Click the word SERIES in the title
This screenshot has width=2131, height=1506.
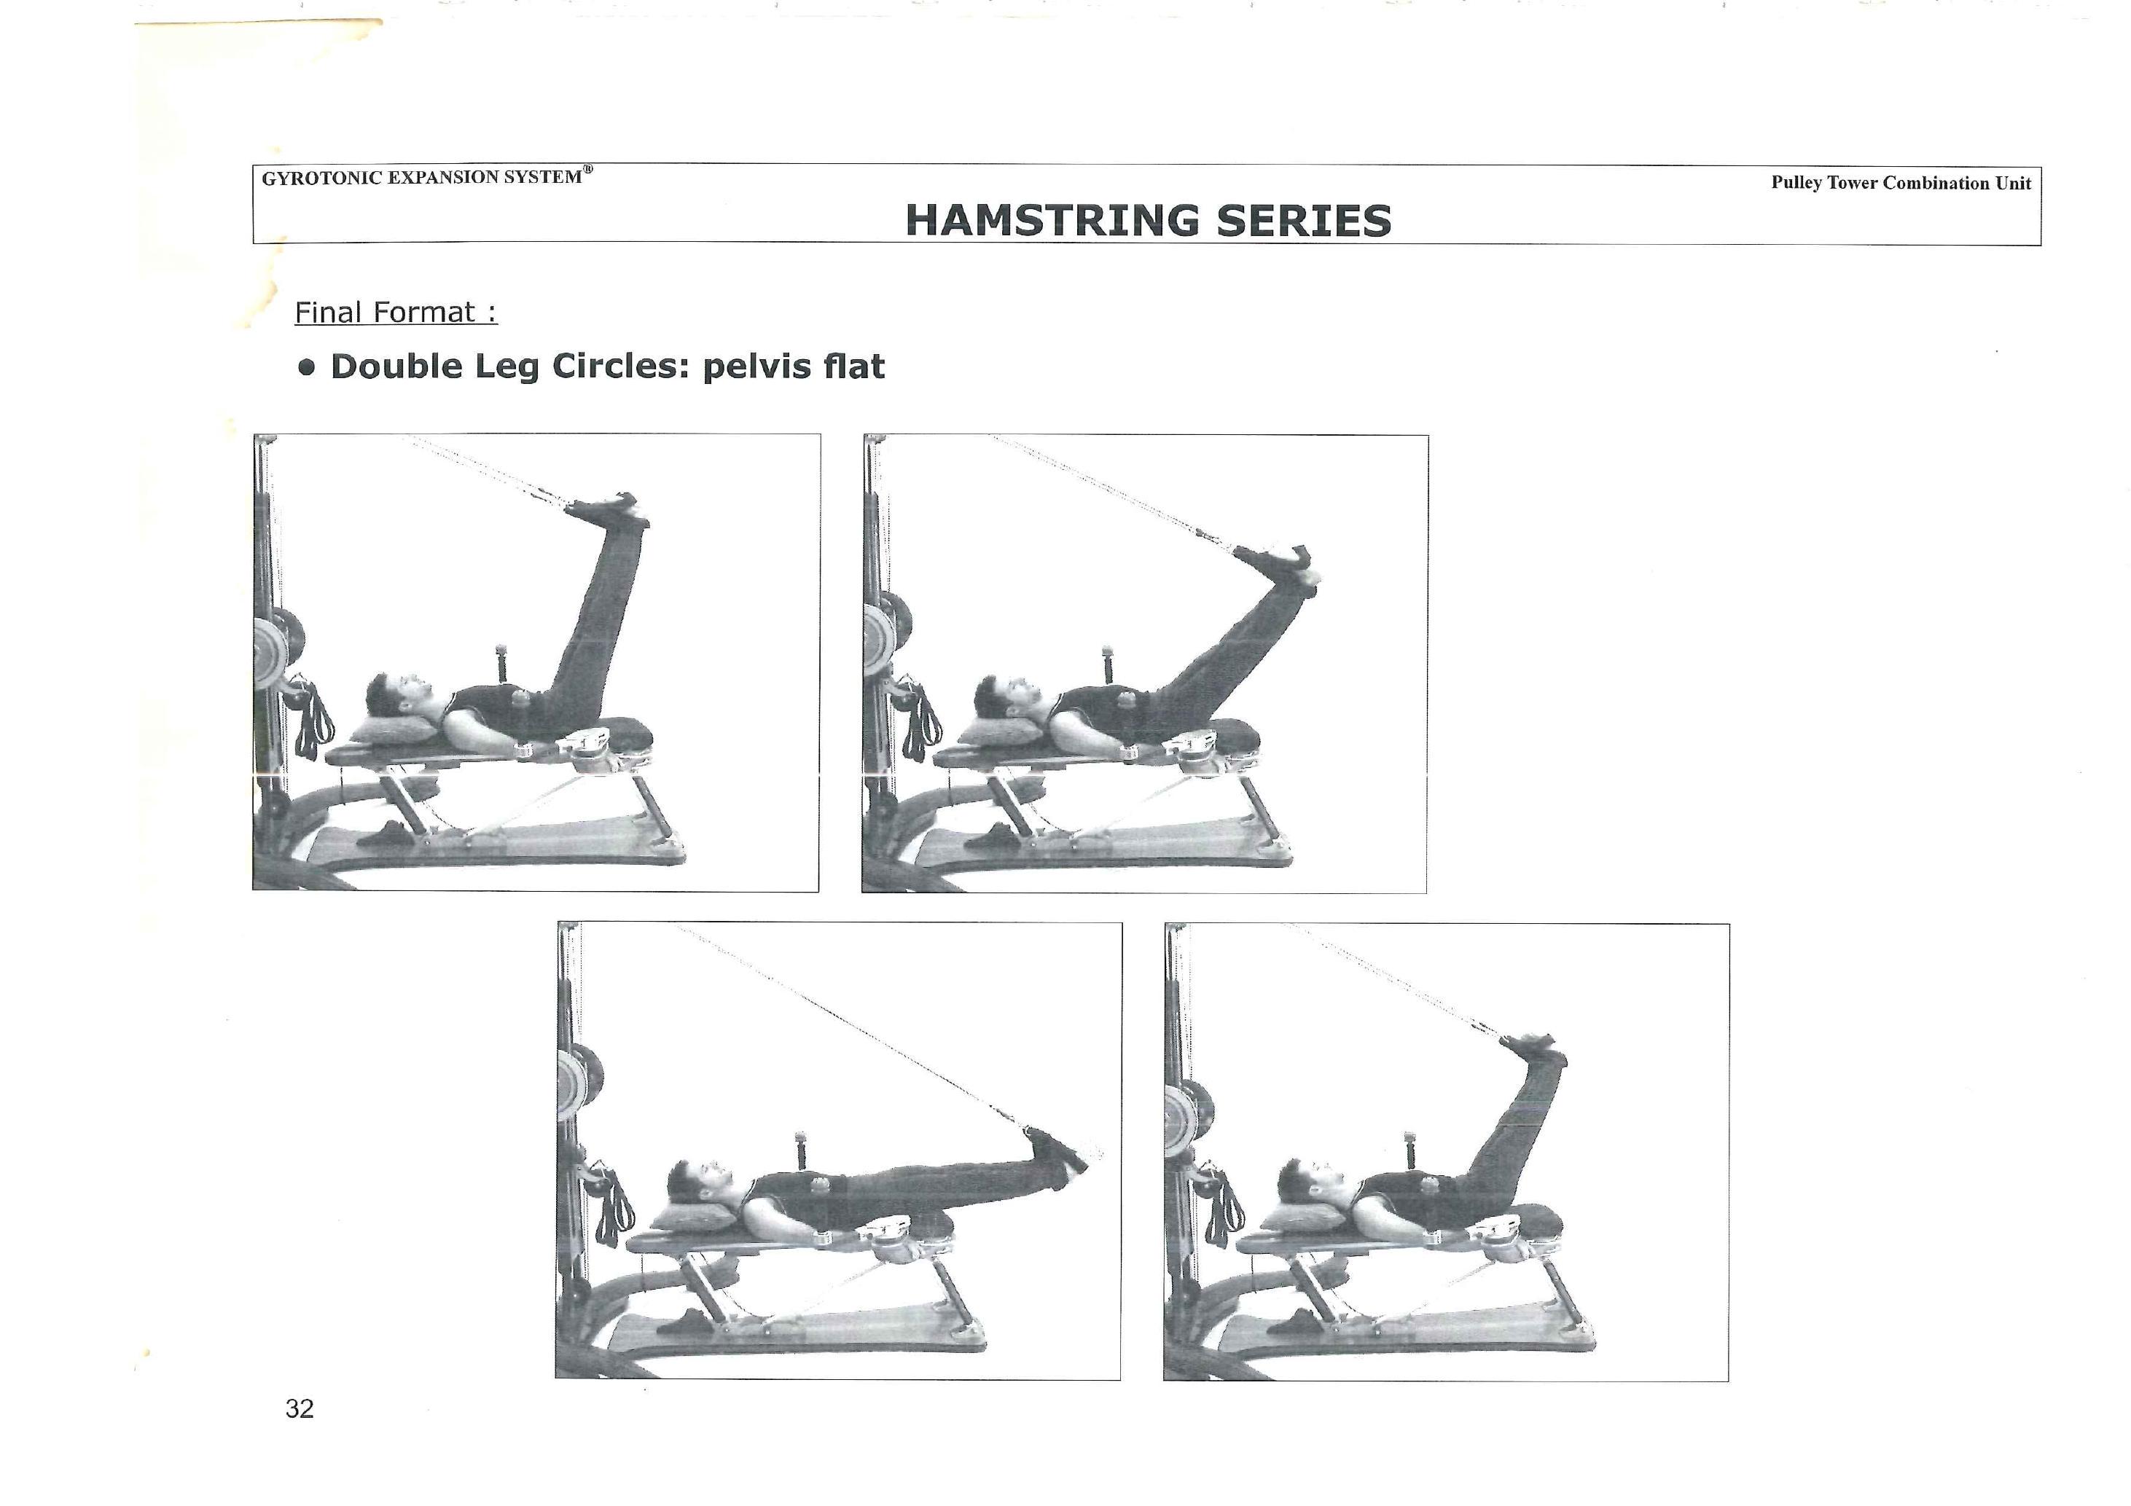click(x=1304, y=221)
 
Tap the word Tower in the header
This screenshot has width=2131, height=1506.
click(x=1853, y=183)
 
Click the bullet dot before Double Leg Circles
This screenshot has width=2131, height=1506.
click(x=306, y=366)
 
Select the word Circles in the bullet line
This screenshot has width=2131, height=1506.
click(x=622, y=366)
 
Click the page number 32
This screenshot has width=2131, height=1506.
click(x=300, y=1408)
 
